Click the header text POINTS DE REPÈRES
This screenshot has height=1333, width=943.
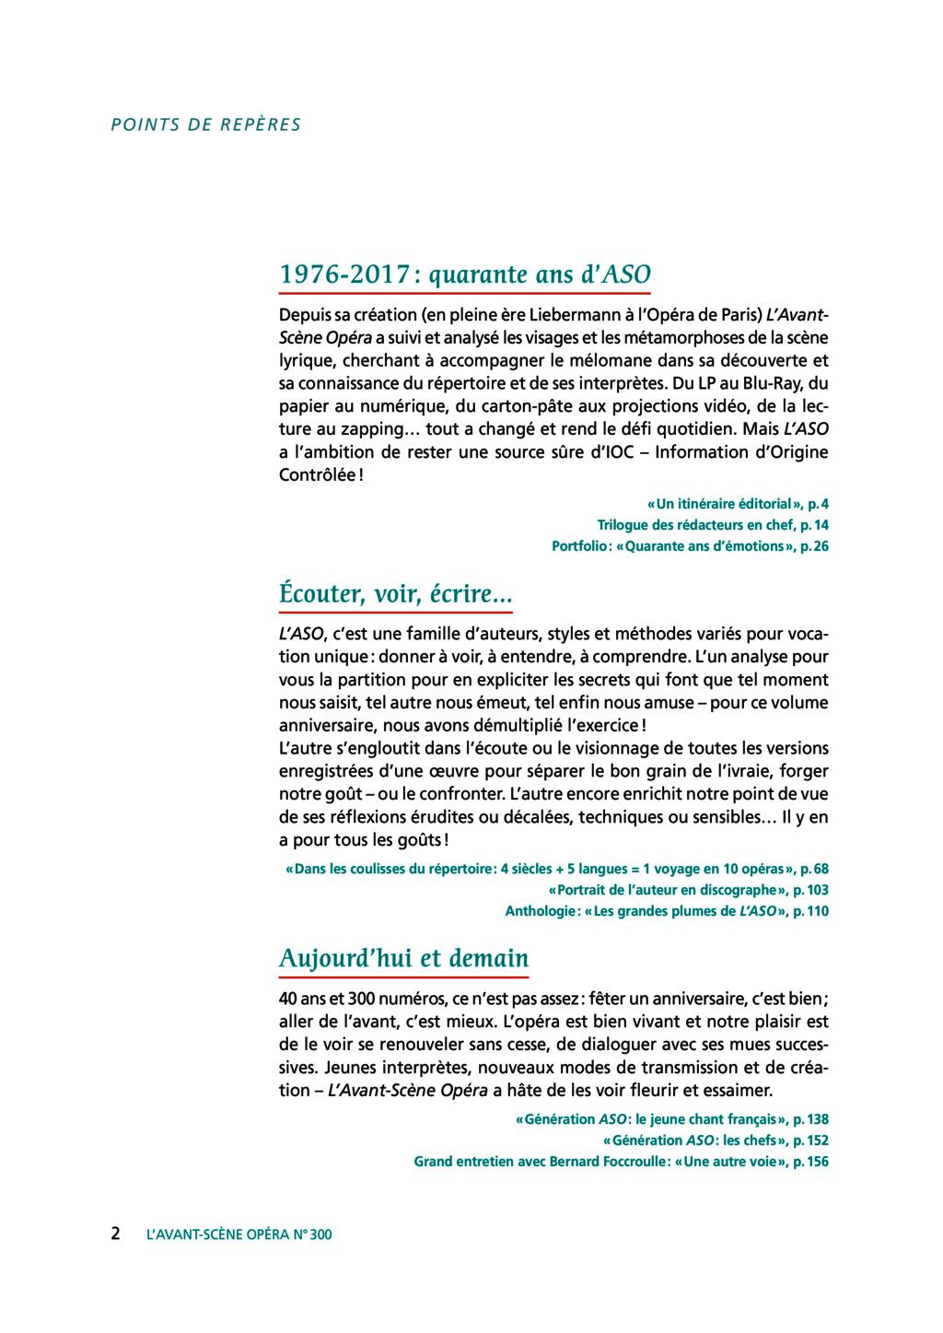click(x=206, y=125)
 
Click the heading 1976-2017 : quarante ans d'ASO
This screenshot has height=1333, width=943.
click(x=465, y=275)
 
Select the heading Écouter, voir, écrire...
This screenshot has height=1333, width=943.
click(x=395, y=593)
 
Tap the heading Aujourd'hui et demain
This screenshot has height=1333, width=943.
click(x=403, y=958)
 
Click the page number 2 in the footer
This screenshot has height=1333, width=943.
click(x=115, y=1234)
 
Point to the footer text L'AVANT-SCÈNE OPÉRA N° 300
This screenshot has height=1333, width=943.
click(x=239, y=1234)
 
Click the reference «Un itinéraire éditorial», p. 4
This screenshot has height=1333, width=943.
click(x=738, y=504)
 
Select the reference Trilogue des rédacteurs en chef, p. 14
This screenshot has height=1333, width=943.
click(x=713, y=525)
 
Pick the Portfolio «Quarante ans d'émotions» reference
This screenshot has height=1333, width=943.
click(x=690, y=546)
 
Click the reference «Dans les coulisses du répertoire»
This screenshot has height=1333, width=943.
click(x=557, y=869)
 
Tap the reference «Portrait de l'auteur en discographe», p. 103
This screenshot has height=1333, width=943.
click(x=688, y=890)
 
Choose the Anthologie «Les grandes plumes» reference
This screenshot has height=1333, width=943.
click(x=667, y=911)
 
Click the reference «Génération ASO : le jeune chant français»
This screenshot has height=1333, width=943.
click(x=672, y=1119)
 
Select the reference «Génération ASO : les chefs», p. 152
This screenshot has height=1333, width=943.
click(x=716, y=1140)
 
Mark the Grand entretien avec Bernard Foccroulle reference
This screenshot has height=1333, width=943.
click(x=621, y=1162)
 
